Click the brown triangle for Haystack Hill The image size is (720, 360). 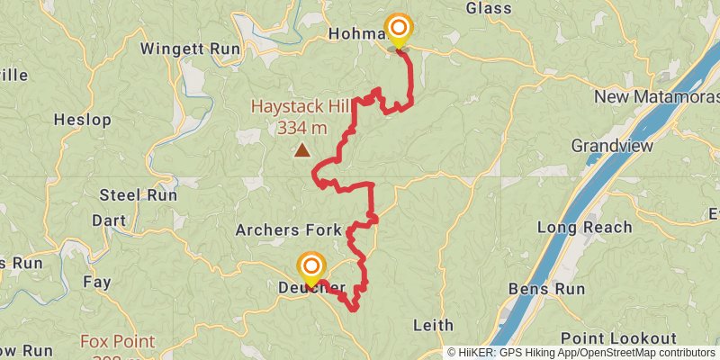coord(302,151)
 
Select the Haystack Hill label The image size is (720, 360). coord(300,107)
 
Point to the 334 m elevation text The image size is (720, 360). coord(301,128)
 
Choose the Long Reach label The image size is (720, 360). coord(584,227)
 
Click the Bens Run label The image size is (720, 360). coord(546,289)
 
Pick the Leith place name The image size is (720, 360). coord(433,324)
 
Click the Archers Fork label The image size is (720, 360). coord(288,230)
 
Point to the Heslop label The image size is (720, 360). coord(82,119)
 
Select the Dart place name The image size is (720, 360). coord(109,220)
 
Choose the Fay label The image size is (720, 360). coord(96,282)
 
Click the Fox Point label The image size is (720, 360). coord(117,342)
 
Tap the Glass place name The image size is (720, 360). coord(489,8)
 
